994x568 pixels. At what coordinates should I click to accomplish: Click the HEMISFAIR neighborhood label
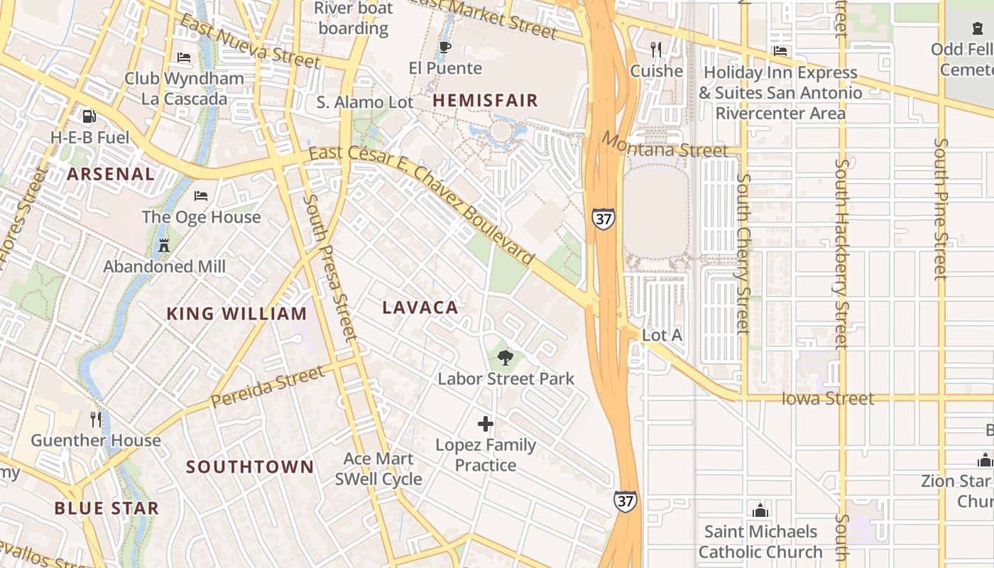pos(485,100)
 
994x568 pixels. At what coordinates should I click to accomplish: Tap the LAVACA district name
pos(420,307)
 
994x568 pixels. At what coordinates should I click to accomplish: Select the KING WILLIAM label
pos(236,313)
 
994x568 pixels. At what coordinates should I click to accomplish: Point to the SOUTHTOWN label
pos(250,466)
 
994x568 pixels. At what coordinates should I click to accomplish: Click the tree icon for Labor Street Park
pos(505,358)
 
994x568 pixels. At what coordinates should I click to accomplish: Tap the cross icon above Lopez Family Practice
pos(486,425)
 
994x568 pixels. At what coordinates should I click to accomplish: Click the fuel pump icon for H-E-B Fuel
pos(89,116)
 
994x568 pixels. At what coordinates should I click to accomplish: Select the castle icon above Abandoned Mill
pos(164,246)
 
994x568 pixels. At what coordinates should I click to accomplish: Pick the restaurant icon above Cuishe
pos(656,49)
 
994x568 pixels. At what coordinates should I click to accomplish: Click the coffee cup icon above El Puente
pos(445,48)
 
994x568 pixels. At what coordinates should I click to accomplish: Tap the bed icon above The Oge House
pos(201,195)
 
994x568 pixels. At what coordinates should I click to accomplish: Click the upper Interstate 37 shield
pos(603,219)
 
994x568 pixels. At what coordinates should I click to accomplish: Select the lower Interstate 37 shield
pos(625,501)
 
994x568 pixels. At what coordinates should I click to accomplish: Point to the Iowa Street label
pos(827,398)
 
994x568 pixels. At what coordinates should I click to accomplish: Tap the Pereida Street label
pos(268,387)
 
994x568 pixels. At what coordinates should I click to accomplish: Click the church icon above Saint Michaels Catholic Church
pos(760,510)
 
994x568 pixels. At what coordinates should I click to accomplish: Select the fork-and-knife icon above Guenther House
pos(96,420)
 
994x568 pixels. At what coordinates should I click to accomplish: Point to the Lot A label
pos(662,334)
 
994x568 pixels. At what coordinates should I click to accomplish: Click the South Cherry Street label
pos(743,253)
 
